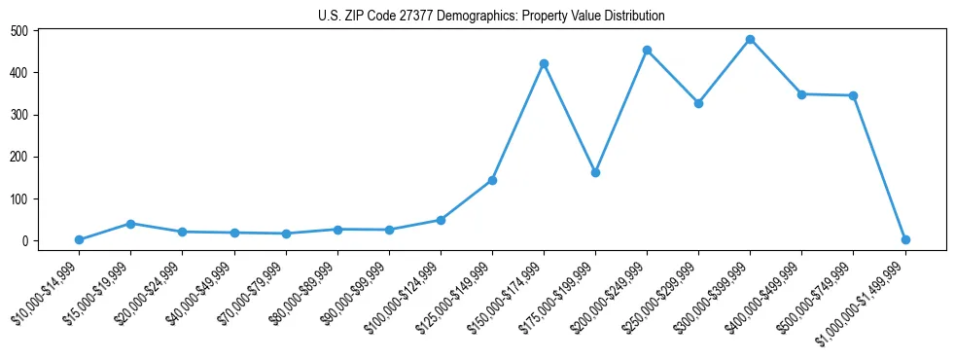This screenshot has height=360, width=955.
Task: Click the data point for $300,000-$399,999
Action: (750, 40)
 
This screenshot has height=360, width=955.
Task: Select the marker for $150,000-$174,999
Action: (544, 64)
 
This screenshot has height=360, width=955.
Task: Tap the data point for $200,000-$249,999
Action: (647, 51)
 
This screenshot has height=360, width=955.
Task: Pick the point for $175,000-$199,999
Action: (595, 172)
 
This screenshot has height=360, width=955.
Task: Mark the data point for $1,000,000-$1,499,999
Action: (905, 239)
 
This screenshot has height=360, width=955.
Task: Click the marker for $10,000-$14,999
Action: (79, 239)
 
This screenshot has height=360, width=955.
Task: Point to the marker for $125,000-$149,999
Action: (492, 180)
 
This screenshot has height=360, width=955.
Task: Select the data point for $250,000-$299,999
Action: (698, 103)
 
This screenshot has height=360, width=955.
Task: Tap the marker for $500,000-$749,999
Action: (853, 95)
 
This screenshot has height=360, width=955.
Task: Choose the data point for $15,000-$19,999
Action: (130, 224)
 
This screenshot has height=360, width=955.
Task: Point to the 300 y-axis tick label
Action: (18, 115)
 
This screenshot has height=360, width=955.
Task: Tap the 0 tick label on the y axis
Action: (25, 241)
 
